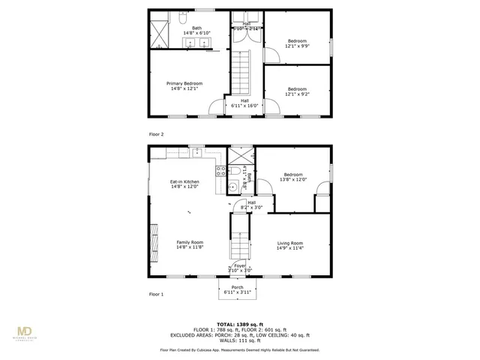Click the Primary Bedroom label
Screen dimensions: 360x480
tap(187, 86)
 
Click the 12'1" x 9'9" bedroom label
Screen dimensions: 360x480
tap(297, 43)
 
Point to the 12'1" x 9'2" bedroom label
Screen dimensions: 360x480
tap(297, 91)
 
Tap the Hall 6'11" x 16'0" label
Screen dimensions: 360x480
tap(244, 103)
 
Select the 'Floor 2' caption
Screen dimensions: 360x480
tap(156, 134)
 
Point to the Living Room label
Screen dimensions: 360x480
tap(290, 245)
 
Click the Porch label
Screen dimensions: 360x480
tap(239, 290)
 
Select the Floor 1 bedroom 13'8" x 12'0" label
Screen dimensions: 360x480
tap(293, 177)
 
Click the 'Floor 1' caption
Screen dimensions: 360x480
tap(156, 295)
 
